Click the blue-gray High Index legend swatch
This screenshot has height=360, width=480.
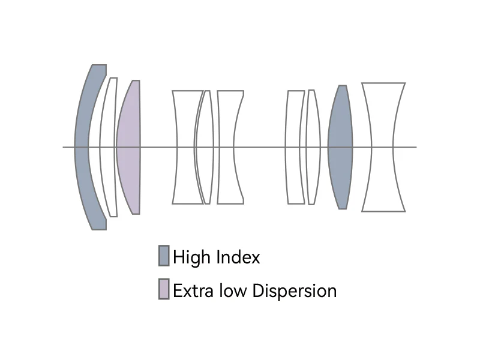[x=164, y=256]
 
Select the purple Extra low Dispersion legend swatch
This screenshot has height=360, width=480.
[x=164, y=289]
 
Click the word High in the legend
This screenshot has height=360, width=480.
[x=189, y=257]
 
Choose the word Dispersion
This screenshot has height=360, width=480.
[x=295, y=292]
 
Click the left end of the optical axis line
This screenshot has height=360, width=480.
[x=64, y=147]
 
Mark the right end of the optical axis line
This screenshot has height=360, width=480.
[x=415, y=147]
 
